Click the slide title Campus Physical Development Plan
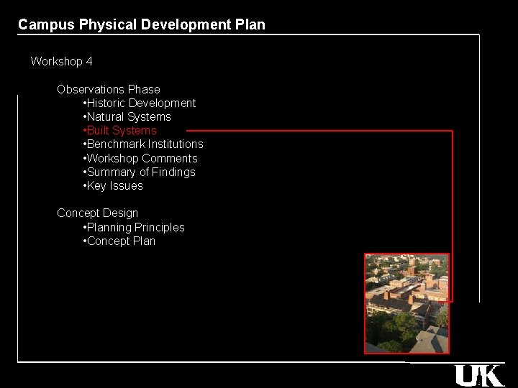pos(142,24)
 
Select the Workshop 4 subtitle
pos(61,62)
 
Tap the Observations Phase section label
pos(109,90)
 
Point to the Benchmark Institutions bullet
pos(145,144)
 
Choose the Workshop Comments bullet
pos(142,159)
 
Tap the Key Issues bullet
pos(114,186)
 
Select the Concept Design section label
pos(98,213)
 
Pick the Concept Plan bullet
pos(120,241)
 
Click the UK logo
pos(478,375)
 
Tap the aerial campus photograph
pos(406,303)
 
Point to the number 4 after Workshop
pos(89,62)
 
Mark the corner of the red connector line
pos(452,131)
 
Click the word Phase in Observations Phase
pos(144,90)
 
